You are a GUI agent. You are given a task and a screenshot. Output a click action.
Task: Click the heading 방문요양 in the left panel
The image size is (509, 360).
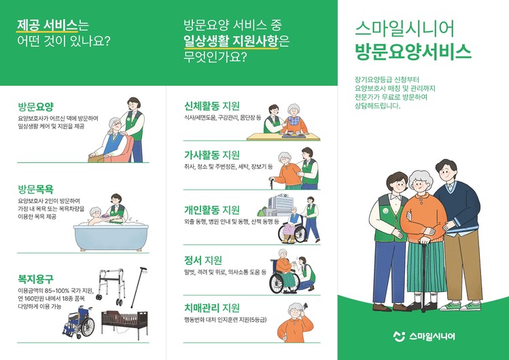36,107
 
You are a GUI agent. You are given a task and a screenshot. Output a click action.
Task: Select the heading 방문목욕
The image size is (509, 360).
36,189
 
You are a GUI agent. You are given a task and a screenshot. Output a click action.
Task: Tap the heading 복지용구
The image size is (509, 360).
36,278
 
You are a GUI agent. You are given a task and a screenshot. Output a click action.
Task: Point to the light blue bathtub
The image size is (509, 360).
111,237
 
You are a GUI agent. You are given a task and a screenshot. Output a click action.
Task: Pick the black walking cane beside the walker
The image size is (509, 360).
139,287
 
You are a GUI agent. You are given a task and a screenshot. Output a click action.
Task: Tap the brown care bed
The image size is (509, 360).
124,324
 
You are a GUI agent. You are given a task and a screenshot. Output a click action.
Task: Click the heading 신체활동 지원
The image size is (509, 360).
212,106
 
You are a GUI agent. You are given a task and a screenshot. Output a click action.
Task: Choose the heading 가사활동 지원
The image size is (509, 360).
212,155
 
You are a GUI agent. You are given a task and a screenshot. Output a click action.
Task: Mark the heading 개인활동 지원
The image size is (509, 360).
212,210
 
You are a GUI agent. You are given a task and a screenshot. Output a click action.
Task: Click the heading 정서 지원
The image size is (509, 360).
203,259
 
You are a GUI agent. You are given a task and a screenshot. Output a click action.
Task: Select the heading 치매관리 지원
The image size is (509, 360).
212,308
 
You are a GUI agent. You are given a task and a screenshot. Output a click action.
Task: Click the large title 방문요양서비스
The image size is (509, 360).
413,51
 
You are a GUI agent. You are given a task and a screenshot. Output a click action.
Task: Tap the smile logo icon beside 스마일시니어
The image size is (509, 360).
400,336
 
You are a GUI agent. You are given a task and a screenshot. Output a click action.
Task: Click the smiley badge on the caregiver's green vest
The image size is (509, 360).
385,211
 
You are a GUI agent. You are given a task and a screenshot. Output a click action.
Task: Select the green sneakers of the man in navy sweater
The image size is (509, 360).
460,306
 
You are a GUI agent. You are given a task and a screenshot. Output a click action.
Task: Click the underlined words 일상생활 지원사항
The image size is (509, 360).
231,41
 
